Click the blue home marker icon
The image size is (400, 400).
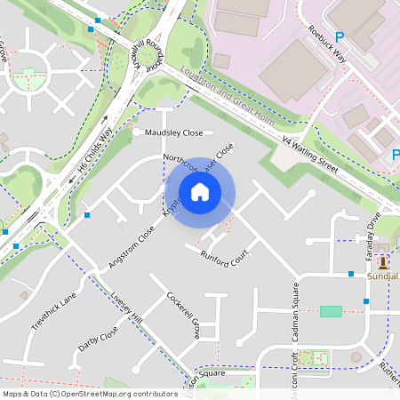pyautogui.click(x=200, y=192)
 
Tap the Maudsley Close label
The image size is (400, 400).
pyautogui.click(x=173, y=133)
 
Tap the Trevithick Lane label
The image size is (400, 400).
pyautogui.click(x=54, y=310)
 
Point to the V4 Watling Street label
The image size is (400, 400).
pyautogui.click(x=310, y=154)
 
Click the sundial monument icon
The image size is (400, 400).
pyautogui.click(x=383, y=263)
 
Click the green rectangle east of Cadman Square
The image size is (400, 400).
pyautogui.click(x=331, y=311)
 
